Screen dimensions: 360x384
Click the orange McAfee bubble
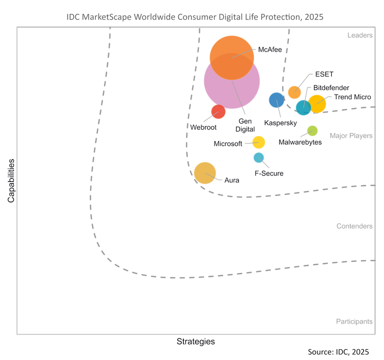pos(232,57)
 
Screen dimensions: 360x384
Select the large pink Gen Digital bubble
pos(231,84)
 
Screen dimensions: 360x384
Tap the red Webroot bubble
pos(218,111)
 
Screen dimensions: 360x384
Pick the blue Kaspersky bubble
pos(276,100)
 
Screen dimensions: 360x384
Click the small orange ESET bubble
pos(294,92)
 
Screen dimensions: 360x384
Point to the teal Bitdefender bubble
pos(303,107)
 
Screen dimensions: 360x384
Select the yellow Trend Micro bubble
pos(317,103)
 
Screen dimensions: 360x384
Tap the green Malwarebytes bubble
pos(312,131)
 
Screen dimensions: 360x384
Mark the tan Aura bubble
pos(205,172)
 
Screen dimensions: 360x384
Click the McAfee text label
pos(271,50)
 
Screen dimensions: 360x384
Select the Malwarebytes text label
pos(301,143)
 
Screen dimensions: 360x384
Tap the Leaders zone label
pos(360,35)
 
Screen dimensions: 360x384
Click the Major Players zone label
pos(351,137)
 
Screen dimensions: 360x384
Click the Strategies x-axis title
pos(196,341)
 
